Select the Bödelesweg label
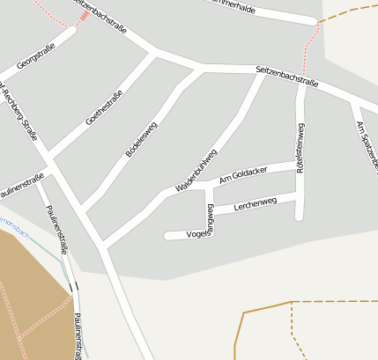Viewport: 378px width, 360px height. click(x=142, y=140)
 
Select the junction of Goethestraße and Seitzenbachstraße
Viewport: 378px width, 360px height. click(x=157, y=54)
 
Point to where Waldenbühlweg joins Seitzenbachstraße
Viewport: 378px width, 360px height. click(x=263, y=73)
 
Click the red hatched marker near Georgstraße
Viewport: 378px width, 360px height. click(x=84, y=15)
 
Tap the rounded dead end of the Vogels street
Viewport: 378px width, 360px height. click(x=168, y=235)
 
